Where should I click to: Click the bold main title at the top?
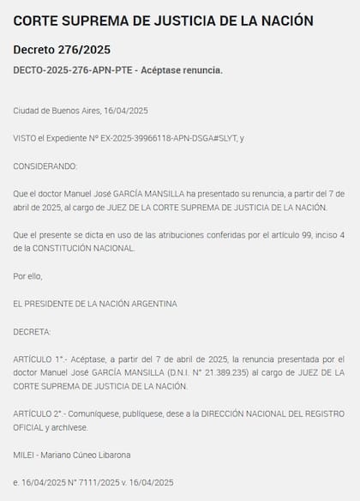tap(163, 21)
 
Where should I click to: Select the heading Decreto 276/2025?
tap(62, 50)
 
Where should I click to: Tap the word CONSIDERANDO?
tap(45, 166)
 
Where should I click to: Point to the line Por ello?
tap(27, 275)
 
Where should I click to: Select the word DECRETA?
tap(32, 330)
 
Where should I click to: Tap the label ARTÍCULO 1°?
tap(39, 359)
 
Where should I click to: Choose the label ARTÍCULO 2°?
tap(39, 413)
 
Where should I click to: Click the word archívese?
tap(69, 426)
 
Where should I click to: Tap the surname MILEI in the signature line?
tap(23, 454)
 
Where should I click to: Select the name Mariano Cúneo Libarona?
tap(87, 454)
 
